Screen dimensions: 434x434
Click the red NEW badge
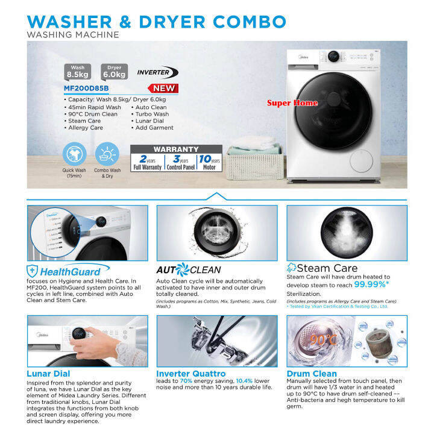coord(164,88)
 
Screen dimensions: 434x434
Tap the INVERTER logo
coord(157,72)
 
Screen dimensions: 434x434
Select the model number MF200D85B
coord(86,87)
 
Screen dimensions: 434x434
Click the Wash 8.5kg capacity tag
coord(78,71)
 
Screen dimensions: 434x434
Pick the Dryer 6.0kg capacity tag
coord(114,71)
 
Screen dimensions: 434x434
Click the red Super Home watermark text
coord(292,103)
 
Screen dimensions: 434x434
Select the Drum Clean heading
coord(312,374)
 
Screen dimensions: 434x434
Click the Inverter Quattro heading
coord(191,374)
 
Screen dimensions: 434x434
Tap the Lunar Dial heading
coord(48,374)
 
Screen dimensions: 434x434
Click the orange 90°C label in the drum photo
coord(323,340)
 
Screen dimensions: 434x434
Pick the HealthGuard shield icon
coord(33,271)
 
